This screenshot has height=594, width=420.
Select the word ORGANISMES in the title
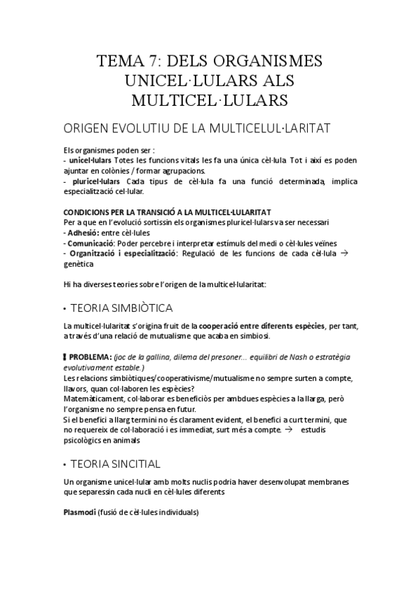point(269,60)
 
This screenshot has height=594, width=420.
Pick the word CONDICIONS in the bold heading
point(87,212)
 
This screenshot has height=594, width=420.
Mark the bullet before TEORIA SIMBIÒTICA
point(65,308)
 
